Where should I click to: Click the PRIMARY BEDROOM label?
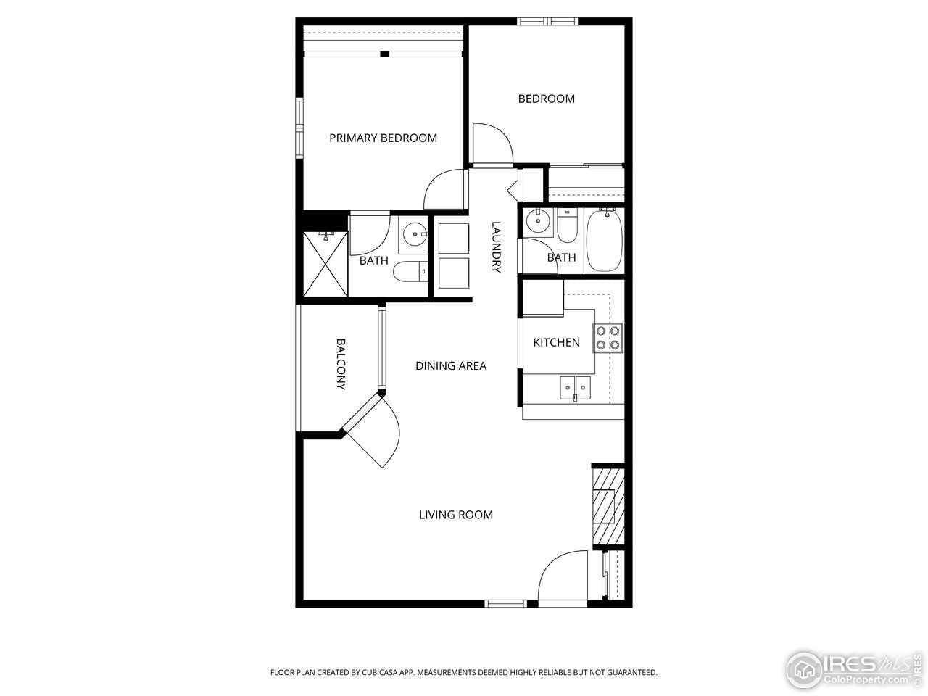tap(383, 138)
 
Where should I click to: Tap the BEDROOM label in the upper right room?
tap(546, 99)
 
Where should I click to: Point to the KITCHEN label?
tap(556, 342)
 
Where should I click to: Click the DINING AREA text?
tap(450, 366)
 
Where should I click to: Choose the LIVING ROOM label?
tap(455, 515)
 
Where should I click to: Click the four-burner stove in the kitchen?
tap(608, 337)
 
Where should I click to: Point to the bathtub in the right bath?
tap(603, 240)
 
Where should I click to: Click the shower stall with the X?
tap(326, 264)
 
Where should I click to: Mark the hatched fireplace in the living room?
tap(608, 506)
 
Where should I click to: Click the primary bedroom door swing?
tap(444, 191)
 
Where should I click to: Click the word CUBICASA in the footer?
tap(378, 673)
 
